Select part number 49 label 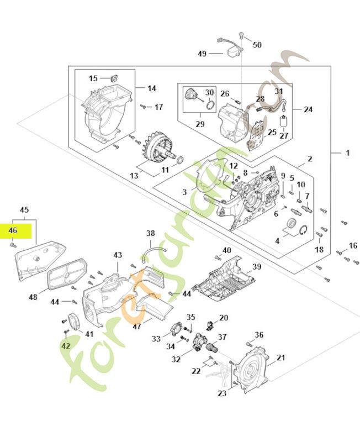[202, 54]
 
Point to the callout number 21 [281, 358]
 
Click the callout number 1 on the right [347, 152]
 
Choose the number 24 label [308, 109]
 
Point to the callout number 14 [152, 88]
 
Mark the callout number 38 [151, 233]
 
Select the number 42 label [66, 346]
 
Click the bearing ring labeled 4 [289, 224]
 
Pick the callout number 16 [353, 245]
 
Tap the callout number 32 [176, 359]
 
